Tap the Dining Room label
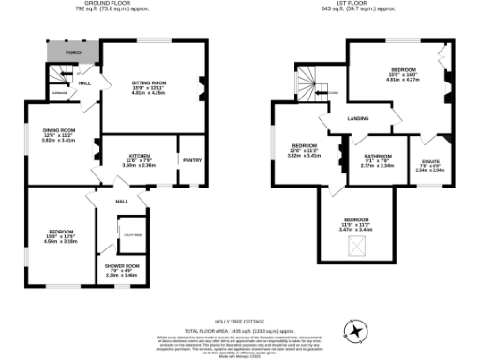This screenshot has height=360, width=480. click(x=58, y=130)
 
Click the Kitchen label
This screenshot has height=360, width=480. click(x=141, y=155)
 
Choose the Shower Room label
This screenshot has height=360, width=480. click(x=122, y=267)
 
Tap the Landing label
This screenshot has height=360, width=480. click(x=356, y=118)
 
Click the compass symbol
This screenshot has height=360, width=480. click(x=356, y=330)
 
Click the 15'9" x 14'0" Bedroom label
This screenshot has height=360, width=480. click(x=404, y=73)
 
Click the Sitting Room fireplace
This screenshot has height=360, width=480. click(x=200, y=91)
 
